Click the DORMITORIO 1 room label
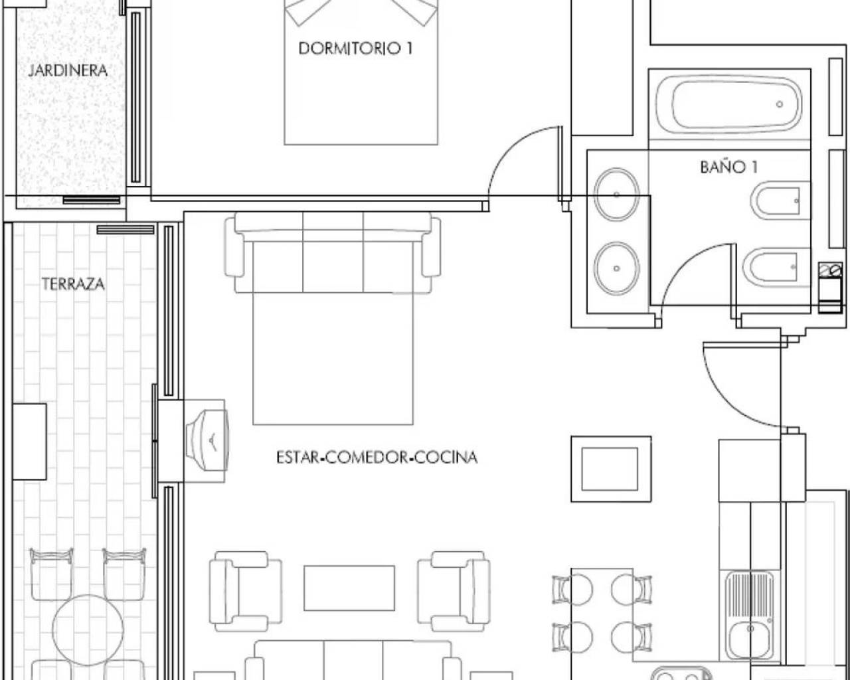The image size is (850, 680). point(351,48)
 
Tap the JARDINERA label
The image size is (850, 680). point(68,70)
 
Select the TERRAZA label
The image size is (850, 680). point(73,284)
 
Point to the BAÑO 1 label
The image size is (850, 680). point(728,167)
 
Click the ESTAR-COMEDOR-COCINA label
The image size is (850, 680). point(377,458)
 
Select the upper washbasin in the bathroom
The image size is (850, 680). point(617,195)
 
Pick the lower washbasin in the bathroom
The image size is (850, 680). point(617,268)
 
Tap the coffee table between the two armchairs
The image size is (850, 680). point(349,588)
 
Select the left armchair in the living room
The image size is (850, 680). point(240,591)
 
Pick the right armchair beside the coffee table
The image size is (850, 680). point(454,591)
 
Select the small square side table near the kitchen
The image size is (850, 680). point(611,469)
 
